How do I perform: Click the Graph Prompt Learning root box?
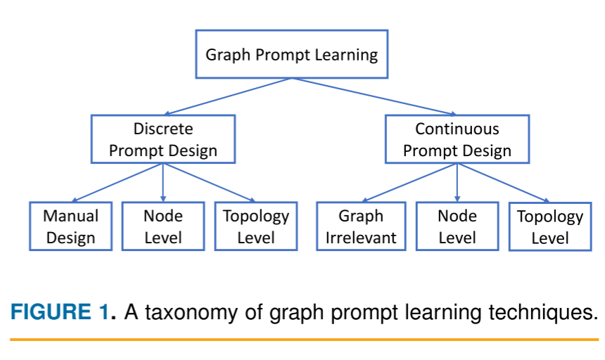[x=291, y=54]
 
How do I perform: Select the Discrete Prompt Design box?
[x=163, y=139]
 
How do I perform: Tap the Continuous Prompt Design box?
[x=457, y=139]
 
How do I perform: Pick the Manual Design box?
[x=70, y=226]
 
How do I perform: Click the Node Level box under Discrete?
[x=163, y=226]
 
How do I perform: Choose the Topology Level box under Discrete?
[x=255, y=226]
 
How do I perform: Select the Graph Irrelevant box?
[x=361, y=226]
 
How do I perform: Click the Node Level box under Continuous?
[x=457, y=226]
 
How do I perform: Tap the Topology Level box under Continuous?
[x=549, y=227]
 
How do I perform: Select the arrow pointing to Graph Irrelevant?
[x=409, y=183]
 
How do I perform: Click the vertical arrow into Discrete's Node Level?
[x=163, y=183]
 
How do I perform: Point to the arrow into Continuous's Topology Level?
[x=504, y=184]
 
